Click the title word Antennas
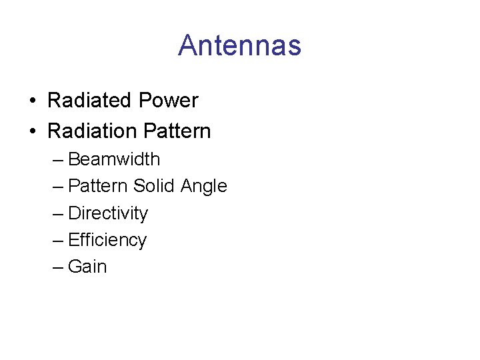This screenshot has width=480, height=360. [239, 45]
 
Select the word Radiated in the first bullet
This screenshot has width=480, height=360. [90, 101]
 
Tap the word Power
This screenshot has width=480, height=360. [168, 101]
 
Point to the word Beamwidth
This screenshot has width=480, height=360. [114, 159]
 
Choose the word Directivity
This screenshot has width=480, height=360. [108, 213]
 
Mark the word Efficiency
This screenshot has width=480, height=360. [107, 240]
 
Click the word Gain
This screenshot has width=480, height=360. [87, 267]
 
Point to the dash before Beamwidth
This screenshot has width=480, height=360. [58, 161]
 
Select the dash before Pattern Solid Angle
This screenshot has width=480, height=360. [58, 187]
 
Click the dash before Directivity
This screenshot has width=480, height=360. [58, 214]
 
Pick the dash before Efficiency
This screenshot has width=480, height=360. [58, 241]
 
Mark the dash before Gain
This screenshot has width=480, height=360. [58, 267]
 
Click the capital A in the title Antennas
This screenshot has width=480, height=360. [187, 45]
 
